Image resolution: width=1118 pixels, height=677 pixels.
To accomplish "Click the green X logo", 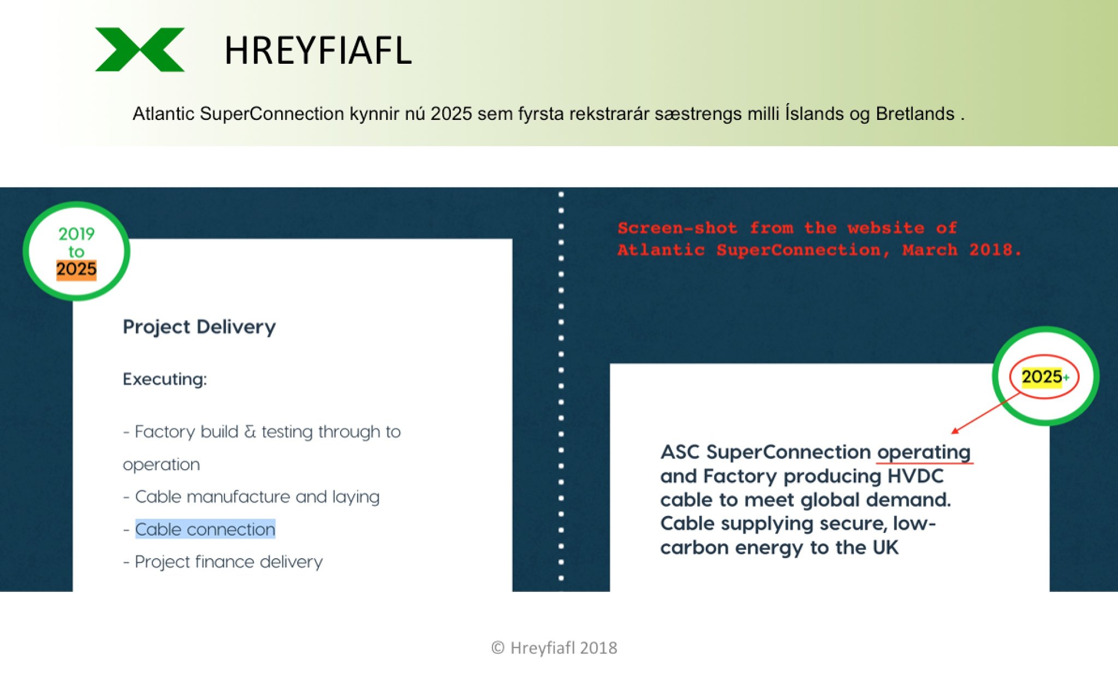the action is coord(140,50).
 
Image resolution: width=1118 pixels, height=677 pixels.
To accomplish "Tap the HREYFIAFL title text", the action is coord(318,51).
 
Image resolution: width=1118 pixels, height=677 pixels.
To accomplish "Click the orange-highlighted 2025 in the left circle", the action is coord(76,269).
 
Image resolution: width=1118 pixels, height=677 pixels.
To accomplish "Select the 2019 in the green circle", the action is coord(76,234).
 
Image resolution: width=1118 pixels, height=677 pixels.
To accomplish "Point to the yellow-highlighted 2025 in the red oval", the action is coord(1042,376).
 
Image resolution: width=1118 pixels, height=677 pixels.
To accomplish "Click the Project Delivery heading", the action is coord(199,327).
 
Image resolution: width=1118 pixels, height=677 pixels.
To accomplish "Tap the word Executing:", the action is coord(165,379).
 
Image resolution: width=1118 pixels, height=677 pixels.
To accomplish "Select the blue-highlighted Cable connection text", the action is coord(205,529).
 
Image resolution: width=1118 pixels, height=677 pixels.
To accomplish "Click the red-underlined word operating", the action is coord(924,453).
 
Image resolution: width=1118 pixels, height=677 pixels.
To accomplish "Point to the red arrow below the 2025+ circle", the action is coord(985,414).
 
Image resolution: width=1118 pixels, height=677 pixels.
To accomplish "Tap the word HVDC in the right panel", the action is coord(915,476).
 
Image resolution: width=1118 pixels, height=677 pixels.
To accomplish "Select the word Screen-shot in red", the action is coord(677,228).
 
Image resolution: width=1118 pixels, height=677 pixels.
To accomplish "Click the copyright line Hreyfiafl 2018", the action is coord(554,648).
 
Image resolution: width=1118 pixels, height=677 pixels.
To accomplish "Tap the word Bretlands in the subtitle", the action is coord(915,113).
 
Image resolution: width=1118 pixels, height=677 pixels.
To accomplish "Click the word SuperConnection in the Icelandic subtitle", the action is coord(272,113).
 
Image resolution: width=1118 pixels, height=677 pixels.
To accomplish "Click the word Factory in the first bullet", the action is coord(165,432).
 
